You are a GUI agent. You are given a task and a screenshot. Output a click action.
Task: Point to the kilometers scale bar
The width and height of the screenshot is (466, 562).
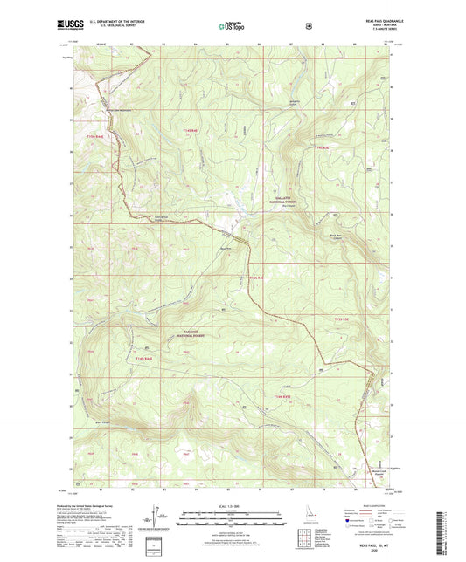click(x=232, y=512)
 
